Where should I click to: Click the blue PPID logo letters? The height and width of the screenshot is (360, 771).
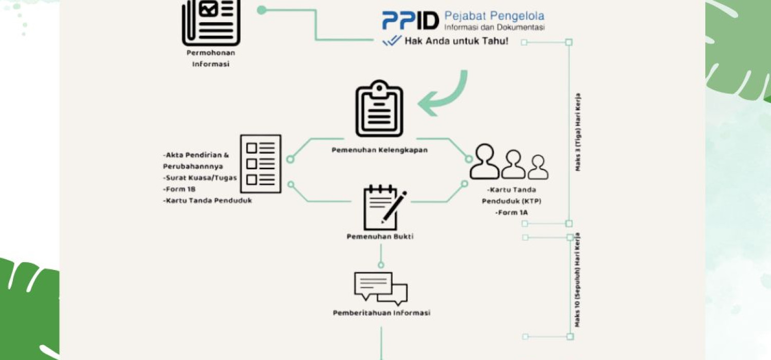click(x=410, y=21)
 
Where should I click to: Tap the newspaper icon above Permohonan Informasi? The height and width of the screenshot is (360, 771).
click(x=211, y=22)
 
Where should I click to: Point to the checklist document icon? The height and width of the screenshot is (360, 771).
click(x=261, y=164)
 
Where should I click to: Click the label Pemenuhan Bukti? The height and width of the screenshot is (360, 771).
click(x=380, y=237)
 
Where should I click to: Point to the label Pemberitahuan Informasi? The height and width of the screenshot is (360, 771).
click(x=381, y=313)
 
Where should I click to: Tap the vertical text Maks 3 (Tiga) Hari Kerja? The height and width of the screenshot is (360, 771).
click(x=578, y=132)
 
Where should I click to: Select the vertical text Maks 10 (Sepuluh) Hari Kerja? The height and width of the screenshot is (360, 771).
click(x=578, y=280)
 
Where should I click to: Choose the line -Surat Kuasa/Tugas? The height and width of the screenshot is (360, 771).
click(x=200, y=178)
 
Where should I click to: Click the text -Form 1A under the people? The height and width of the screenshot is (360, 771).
click(x=511, y=212)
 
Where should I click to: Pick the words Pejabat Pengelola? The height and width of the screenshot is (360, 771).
click(x=494, y=16)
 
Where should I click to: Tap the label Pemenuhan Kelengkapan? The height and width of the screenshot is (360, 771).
click(x=379, y=150)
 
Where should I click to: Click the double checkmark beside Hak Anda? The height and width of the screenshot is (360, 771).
click(x=392, y=41)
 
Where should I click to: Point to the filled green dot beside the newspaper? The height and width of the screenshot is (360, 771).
click(x=262, y=10)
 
